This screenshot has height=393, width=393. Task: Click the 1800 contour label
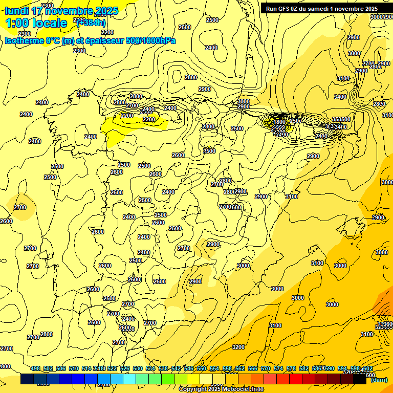(x=279, y=122)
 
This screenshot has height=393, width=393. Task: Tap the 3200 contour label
(x=238, y=347)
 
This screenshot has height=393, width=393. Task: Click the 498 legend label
(x=35, y=368)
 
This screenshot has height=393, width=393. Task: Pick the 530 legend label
(x=138, y=368)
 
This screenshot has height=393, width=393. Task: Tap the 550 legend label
(x=202, y=368)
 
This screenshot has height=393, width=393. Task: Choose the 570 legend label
(x=266, y=368)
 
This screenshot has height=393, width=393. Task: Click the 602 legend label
(x=367, y=368)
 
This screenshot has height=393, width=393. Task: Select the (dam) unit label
(x=379, y=379)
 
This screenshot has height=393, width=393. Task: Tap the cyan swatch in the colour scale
(x=129, y=379)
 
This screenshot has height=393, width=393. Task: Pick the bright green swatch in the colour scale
(x=168, y=379)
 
